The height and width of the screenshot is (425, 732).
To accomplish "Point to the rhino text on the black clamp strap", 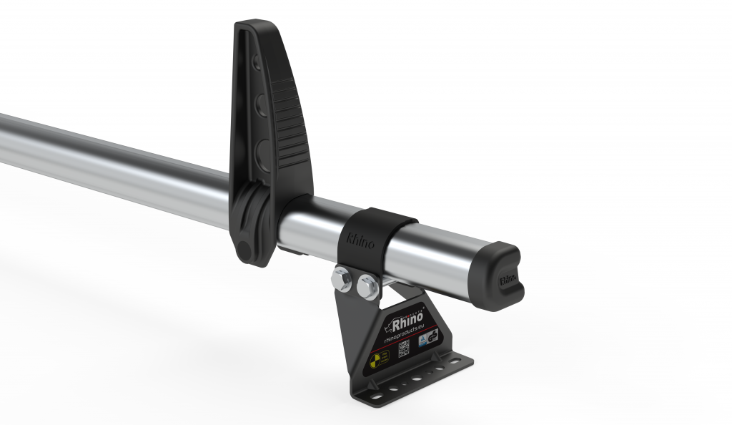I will coord(360,238).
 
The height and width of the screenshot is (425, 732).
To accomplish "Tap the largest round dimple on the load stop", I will coord(263,152).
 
